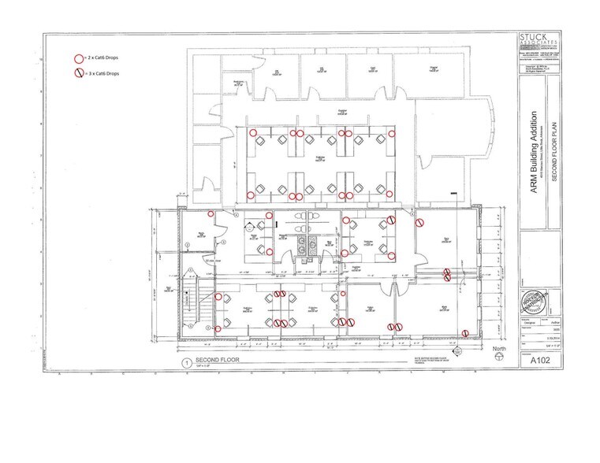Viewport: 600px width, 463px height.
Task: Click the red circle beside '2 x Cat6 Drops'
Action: pos(78,59)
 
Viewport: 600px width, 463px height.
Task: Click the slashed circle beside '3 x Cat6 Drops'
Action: pos(78,73)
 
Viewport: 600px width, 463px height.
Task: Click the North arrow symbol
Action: pos(497,357)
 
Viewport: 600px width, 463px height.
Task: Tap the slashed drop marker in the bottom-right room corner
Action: pos(465,332)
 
